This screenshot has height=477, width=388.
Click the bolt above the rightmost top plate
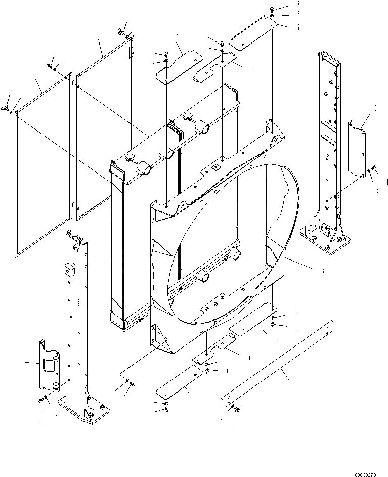[x=272, y=9]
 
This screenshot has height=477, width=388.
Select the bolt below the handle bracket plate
[x=40, y=400]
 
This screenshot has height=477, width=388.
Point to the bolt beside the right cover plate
[x=374, y=168]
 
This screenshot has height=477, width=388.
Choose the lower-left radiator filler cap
[x=130, y=158]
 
